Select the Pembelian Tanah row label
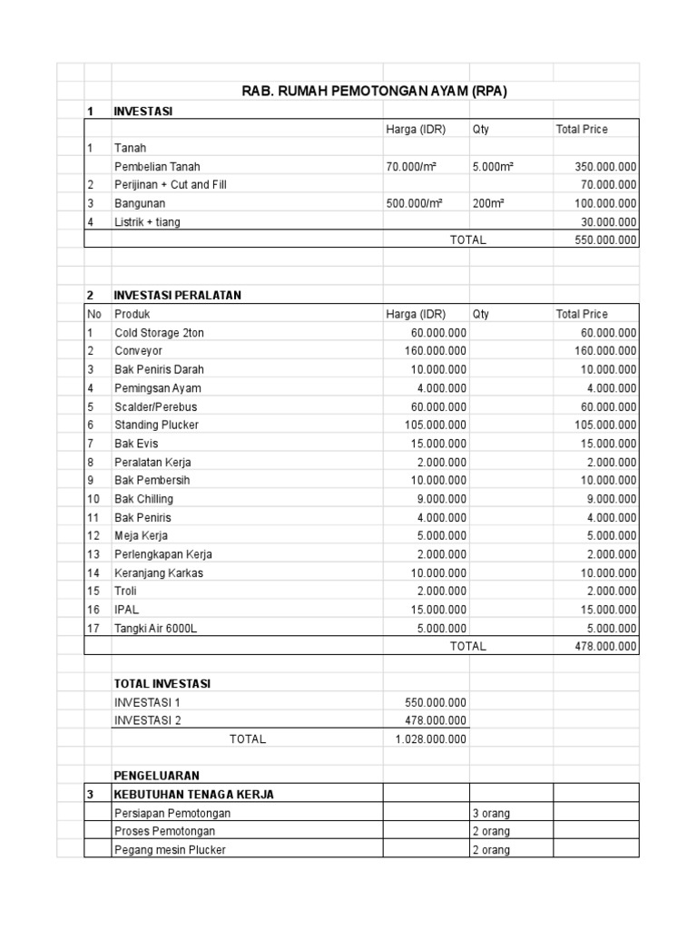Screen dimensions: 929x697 157,166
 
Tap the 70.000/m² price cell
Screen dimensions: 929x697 414,166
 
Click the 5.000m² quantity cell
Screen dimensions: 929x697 494,166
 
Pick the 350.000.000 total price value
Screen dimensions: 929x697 605,166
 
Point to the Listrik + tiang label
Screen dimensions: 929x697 147,222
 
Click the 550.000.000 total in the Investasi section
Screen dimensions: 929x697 605,240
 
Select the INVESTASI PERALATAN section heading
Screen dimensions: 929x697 177,296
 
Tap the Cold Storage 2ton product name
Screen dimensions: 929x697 160,333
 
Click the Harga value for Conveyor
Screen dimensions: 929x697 435,351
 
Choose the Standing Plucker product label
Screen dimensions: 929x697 156,425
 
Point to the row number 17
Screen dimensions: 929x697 92,628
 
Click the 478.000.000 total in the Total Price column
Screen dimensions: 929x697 605,647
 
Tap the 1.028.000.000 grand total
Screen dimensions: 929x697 431,739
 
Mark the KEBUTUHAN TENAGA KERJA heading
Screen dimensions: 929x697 193,795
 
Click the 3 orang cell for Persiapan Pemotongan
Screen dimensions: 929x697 491,813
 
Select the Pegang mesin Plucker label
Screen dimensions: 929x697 170,850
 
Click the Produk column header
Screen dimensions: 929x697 133,314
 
